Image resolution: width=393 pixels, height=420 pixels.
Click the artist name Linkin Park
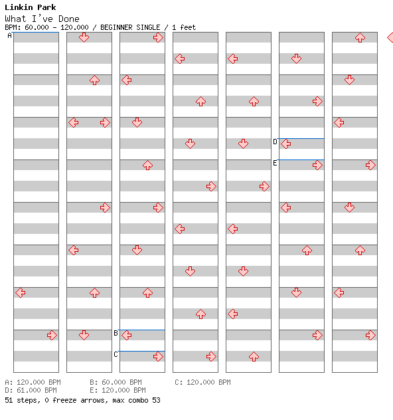tap(31, 7)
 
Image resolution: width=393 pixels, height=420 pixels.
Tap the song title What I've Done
tap(42, 19)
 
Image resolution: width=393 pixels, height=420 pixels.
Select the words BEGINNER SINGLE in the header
tap(130, 27)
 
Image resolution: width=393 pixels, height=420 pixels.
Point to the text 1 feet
tap(184, 27)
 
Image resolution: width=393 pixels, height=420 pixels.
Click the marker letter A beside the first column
tap(10, 35)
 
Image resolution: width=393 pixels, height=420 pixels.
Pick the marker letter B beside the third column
tap(116, 333)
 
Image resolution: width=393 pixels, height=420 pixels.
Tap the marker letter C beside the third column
tap(116, 354)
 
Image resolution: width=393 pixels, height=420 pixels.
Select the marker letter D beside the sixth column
tap(275, 142)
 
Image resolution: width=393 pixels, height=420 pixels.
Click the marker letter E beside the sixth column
tap(275, 163)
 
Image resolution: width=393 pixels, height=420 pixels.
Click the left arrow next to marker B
tap(126, 335)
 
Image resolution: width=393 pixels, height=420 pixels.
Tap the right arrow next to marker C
tap(158, 356)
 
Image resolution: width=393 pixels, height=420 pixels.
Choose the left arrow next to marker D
tap(285, 144)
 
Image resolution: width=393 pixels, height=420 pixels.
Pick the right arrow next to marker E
tap(317, 165)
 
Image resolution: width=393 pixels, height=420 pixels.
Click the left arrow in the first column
tap(21, 292)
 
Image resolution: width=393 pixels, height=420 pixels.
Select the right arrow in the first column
tap(52, 335)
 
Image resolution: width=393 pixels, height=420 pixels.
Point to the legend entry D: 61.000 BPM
tap(31, 390)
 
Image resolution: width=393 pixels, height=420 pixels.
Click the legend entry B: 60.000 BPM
tap(116, 382)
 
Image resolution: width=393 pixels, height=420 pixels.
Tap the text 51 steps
tap(22, 400)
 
